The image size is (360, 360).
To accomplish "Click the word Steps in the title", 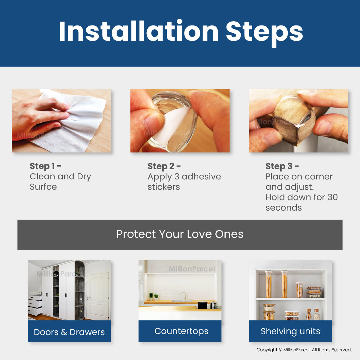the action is pos(264,33).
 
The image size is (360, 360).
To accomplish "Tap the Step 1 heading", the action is pos(45,166).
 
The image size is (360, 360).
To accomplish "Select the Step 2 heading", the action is pos(164,166).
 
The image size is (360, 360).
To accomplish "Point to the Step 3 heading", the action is pos(282,166).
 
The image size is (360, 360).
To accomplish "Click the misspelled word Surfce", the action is pos(43,187).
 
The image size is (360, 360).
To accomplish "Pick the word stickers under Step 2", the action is pos(164,187).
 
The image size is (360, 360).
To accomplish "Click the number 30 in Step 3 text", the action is pos(332,197).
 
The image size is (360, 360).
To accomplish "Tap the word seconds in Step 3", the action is pos(283,208).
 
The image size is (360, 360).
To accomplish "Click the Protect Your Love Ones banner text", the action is pos(180,234).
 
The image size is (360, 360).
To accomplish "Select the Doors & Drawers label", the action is pos(69,332).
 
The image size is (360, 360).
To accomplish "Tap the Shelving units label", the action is pos(290,331).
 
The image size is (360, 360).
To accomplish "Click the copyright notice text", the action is pos(304,350).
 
